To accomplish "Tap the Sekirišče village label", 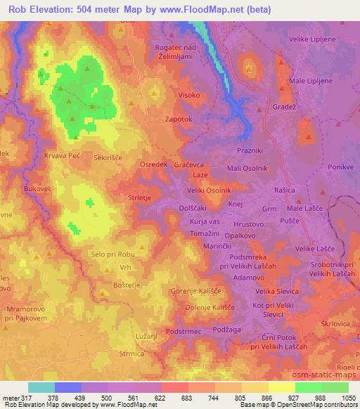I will (108, 159).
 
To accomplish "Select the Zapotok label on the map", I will (178, 119).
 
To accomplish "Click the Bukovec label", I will (38, 189).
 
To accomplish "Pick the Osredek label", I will (153, 164).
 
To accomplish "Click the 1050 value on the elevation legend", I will (347, 398).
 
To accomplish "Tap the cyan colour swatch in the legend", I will (41, 387).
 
